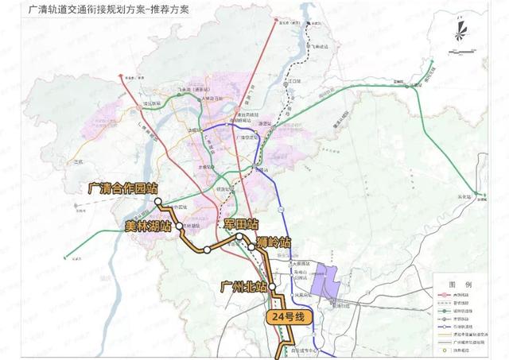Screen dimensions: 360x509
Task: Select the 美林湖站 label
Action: click(x=148, y=226)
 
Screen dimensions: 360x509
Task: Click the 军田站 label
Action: click(x=242, y=225)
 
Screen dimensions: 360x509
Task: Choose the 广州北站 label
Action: click(x=243, y=285)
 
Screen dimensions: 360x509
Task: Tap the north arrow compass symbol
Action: click(x=460, y=32)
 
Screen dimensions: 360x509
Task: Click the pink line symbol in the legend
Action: click(x=443, y=296)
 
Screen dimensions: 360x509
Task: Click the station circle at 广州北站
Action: click(x=272, y=285)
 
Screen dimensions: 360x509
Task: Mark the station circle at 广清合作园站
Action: click(x=157, y=201)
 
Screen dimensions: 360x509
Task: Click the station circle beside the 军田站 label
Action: click(x=239, y=236)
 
